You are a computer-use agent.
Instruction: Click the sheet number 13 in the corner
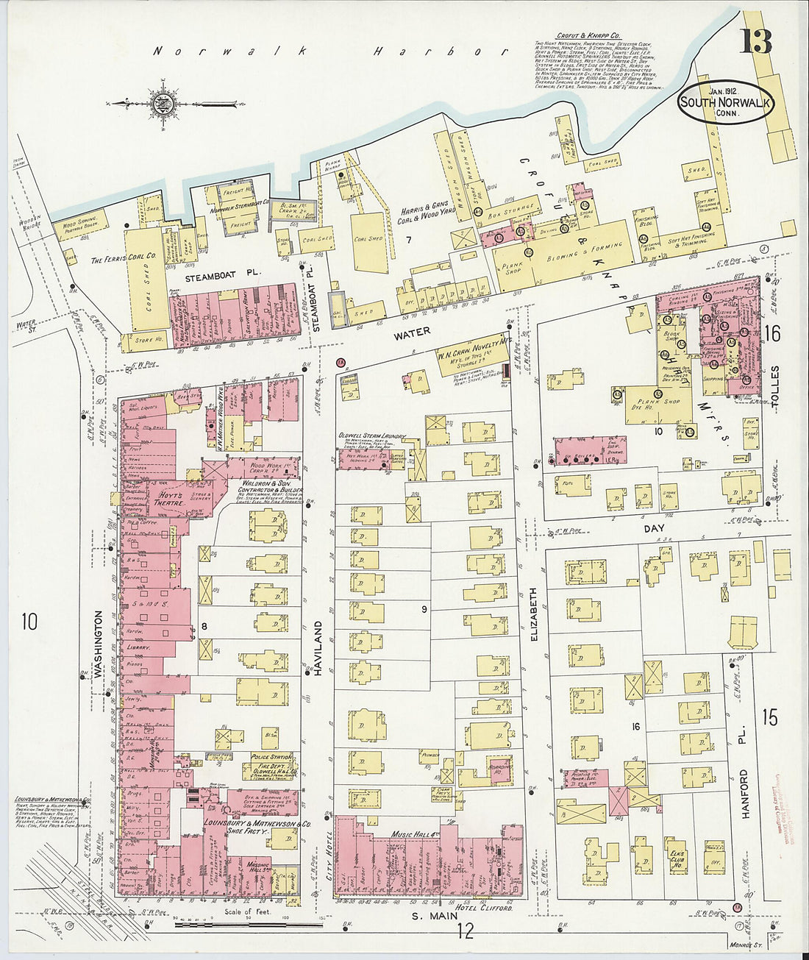[757, 41]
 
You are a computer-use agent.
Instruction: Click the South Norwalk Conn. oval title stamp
[724, 104]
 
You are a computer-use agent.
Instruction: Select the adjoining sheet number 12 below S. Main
[466, 932]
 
